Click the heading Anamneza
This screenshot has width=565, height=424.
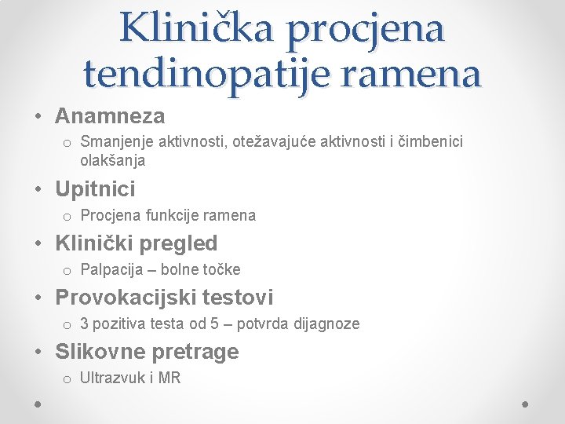[x=110, y=117]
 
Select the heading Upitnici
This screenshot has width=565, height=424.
[x=95, y=189]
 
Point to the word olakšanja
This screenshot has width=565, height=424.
[x=112, y=161]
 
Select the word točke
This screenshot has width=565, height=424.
[x=221, y=270]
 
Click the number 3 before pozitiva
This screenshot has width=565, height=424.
[x=85, y=323]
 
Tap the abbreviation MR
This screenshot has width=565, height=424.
[x=169, y=378]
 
